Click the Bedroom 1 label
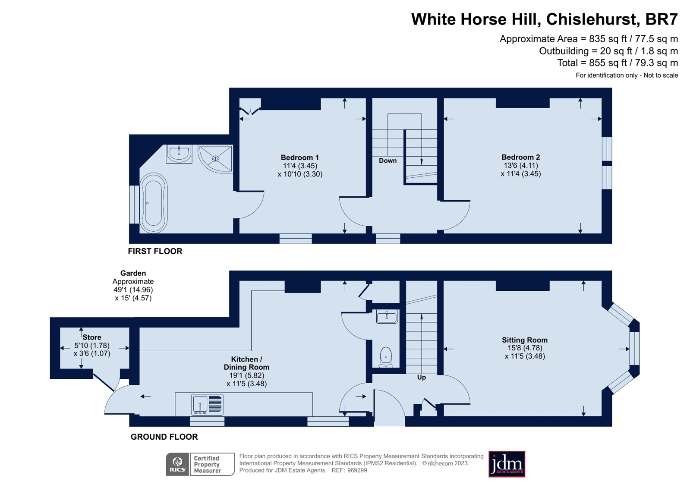point(299,157)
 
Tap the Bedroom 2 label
point(520,157)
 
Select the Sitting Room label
point(524,340)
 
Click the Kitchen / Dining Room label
point(246,363)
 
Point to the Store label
point(91,337)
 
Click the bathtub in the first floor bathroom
point(153,203)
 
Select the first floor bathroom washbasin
point(179,154)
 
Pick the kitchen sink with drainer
point(207,404)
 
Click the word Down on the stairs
point(388,161)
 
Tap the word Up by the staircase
point(421,377)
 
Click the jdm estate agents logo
point(507,464)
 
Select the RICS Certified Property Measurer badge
point(200,464)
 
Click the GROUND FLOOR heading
point(164,437)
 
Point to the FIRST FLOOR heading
point(155,251)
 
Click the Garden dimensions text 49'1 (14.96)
point(133,290)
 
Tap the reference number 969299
point(356,470)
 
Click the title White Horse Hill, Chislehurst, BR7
point(544,19)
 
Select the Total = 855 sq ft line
point(617,63)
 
